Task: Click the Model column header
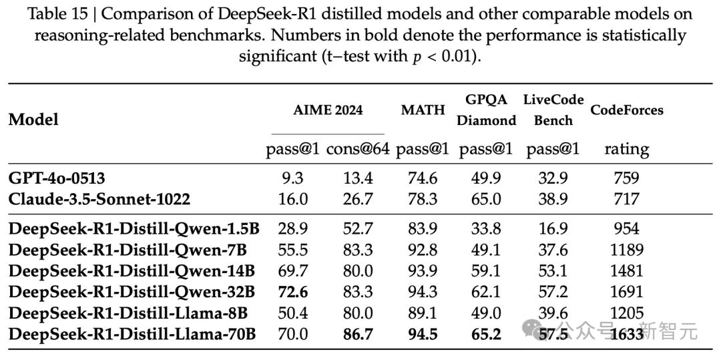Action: (x=33, y=120)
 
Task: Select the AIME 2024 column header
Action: (x=328, y=110)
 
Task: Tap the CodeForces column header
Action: (x=627, y=110)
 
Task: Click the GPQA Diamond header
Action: (x=487, y=110)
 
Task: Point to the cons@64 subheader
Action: (x=358, y=149)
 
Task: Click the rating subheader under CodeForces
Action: (x=627, y=150)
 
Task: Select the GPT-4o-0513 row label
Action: (x=57, y=178)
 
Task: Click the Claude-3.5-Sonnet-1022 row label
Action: (x=99, y=199)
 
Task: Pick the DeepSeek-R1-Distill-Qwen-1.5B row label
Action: (x=134, y=228)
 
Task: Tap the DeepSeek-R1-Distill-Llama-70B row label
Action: (x=132, y=334)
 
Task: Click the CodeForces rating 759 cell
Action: (x=627, y=178)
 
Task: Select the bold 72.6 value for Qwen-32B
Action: (x=293, y=291)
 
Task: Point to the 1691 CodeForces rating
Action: (x=627, y=291)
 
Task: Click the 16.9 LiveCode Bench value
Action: (x=552, y=228)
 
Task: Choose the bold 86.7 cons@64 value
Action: (x=358, y=334)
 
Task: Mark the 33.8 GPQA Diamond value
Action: (x=485, y=228)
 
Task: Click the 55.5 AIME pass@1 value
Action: (x=293, y=250)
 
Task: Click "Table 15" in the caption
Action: (x=58, y=14)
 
